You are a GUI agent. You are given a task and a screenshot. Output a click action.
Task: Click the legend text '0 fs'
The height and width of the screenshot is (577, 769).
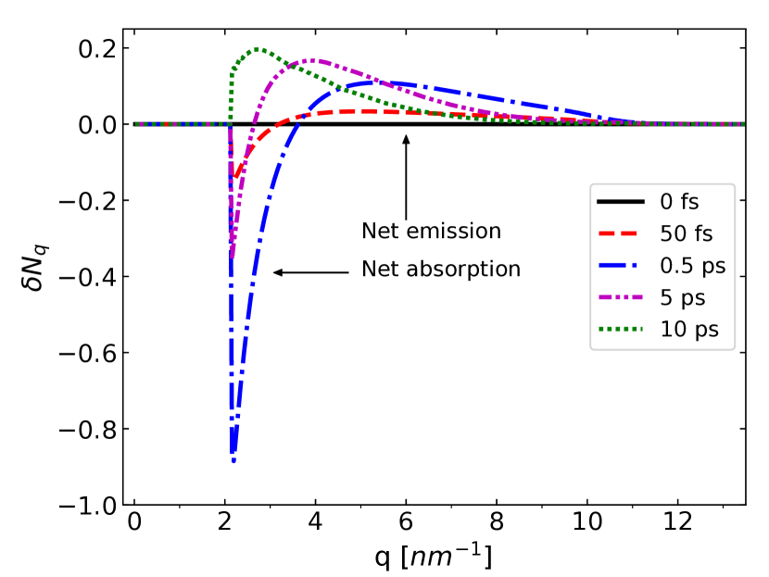[679, 202]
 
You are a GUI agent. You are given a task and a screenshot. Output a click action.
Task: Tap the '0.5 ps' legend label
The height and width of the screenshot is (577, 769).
[692, 266]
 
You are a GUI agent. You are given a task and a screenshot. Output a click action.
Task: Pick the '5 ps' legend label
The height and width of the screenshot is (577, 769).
[682, 298]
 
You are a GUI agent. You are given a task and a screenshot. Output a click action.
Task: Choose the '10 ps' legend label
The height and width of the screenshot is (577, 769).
[688, 330]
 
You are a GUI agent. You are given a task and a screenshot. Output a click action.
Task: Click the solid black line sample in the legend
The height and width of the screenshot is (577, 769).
[622, 202]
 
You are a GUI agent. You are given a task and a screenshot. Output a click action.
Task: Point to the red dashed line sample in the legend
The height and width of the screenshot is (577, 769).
[622, 233]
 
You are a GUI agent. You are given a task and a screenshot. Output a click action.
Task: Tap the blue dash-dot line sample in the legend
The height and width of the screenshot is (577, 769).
[622, 266]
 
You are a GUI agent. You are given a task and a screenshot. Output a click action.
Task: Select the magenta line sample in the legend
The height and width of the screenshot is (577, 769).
[622, 298]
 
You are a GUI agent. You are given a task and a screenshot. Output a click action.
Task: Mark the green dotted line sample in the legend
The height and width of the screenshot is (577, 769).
[622, 330]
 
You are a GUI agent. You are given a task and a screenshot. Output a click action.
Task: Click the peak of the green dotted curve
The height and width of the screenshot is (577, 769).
[258, 49]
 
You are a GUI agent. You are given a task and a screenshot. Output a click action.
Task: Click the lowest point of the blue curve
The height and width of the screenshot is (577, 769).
[233, 459]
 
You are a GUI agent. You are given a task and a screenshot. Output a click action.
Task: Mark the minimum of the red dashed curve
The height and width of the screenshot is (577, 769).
[236, 175]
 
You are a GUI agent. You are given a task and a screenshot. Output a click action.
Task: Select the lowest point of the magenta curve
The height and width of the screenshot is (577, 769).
[233, 255]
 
